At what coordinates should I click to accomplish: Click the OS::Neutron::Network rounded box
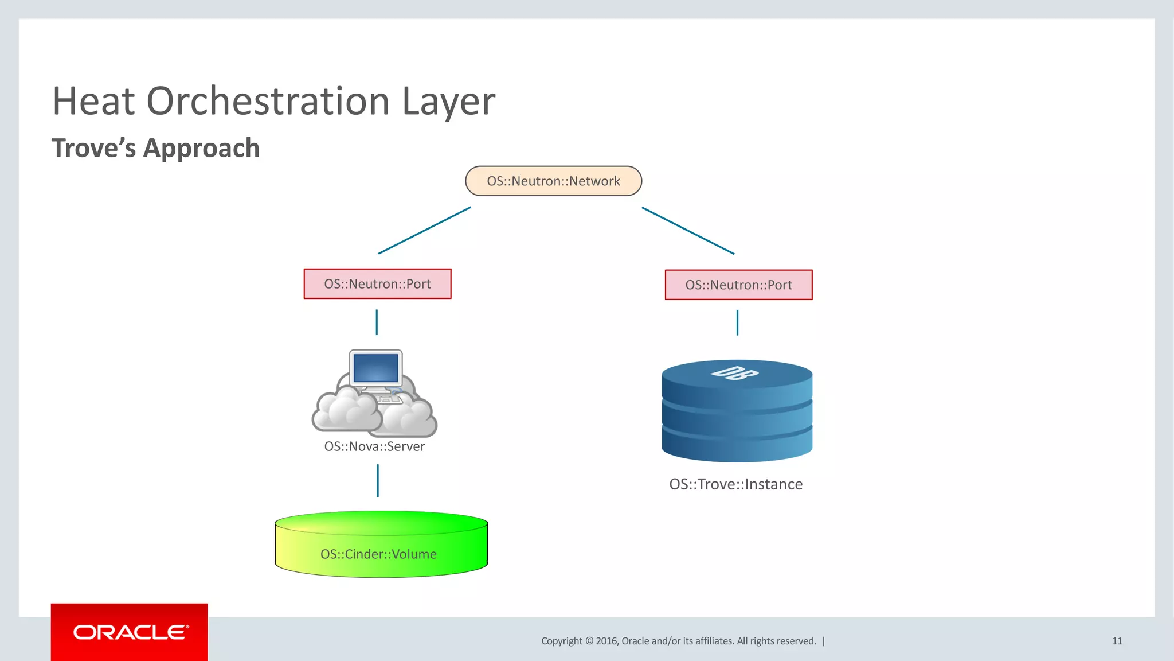(553, 181)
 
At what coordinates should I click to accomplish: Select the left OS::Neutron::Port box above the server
(377, 284)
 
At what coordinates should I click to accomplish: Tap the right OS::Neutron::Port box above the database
(738, 285)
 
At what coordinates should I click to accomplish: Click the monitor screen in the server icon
(376, 368)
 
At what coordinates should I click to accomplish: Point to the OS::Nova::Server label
(374, 446)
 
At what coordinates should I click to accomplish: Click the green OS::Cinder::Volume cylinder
(381, 545)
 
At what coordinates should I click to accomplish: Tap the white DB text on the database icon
(734, 373)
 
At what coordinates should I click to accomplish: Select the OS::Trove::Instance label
(735, 484)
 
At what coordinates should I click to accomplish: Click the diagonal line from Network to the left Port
(425, 231)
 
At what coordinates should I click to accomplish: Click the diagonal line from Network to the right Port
(688, 231)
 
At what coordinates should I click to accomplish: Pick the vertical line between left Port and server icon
(377, 322)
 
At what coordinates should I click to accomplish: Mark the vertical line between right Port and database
(737, 322)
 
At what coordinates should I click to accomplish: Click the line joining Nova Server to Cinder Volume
(377, 481)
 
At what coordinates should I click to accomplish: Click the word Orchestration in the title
(268, 102)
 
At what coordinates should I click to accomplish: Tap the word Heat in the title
(93, 102)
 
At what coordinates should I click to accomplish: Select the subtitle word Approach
(201, 149)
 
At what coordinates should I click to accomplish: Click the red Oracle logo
(129, 632)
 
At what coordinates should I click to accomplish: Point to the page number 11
(1117, 641)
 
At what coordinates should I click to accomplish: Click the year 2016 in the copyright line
(606, 641)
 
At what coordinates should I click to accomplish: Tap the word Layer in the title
(448, 102)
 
